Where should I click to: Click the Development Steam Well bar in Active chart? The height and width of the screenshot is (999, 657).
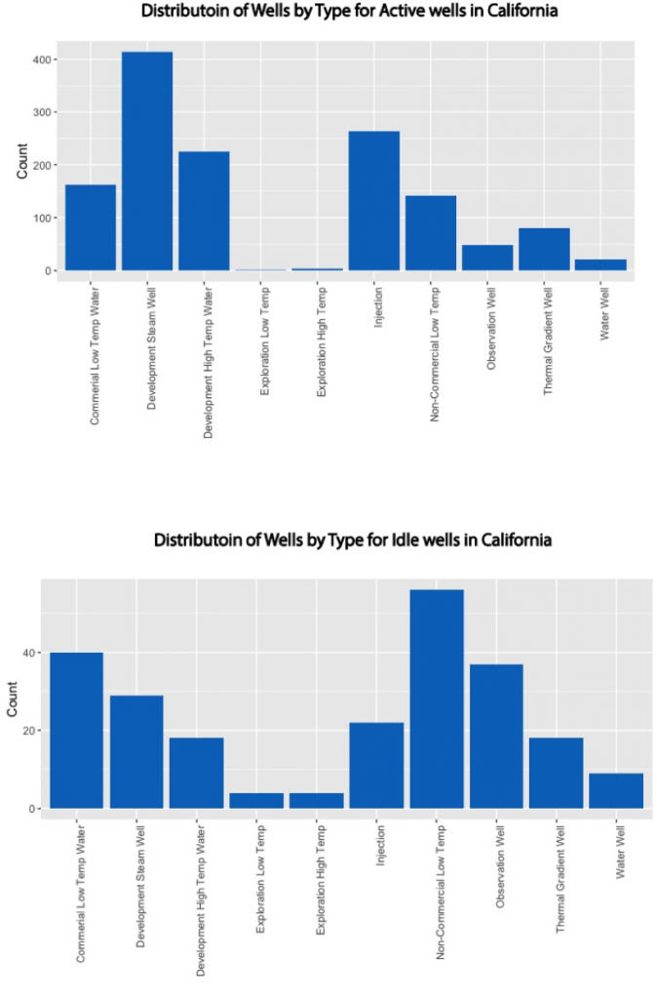[x=146, y=161]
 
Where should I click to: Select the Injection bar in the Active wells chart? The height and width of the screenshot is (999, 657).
[x=374, y=201]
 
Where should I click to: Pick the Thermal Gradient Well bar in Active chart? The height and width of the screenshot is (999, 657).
[x=544, y=250]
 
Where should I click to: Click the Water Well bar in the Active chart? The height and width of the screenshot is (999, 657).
[x=600, y=264]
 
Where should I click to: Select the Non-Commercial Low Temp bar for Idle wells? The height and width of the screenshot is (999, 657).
[x=437, y=699]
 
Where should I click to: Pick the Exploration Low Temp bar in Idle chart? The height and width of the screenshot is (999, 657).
[x=256, y=800]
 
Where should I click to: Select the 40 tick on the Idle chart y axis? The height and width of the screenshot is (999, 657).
[x=29, y=653]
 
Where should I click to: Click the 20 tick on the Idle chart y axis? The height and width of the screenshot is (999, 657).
[x=29, y=731]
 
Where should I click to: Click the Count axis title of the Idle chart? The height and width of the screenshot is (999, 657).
[x=13, y=699]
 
